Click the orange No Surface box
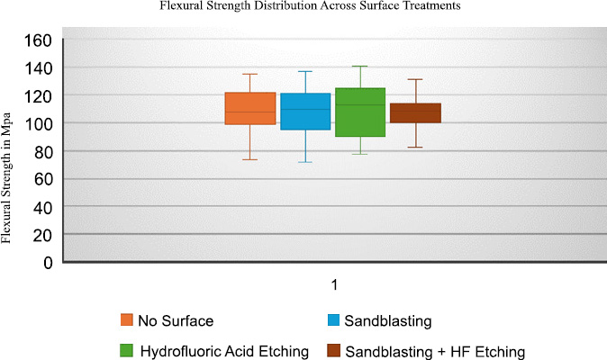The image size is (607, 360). [250, 108]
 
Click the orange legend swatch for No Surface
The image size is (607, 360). [127, 319]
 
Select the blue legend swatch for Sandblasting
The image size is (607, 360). [333, 319]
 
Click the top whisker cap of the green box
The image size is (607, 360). [360, 67]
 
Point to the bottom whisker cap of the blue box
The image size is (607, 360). [305, 162]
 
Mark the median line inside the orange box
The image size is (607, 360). [250, 112]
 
